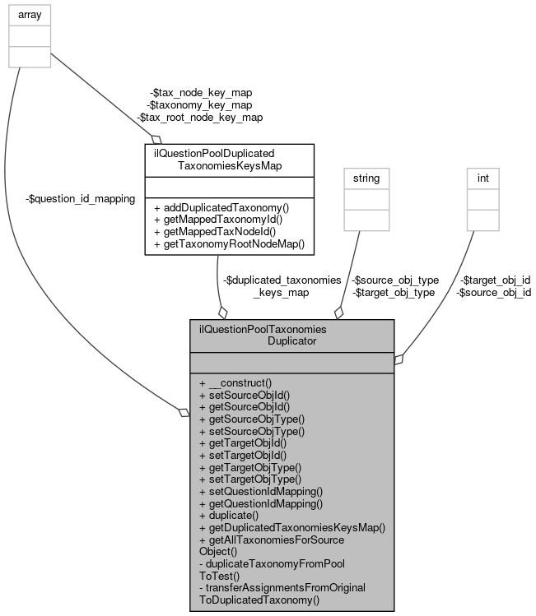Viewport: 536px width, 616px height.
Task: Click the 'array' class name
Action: click(29, 14)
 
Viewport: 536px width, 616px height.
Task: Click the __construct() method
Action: click(235, 382)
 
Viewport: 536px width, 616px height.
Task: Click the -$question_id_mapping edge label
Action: click(81, 199)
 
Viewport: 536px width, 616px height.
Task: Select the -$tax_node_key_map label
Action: click(200, 92)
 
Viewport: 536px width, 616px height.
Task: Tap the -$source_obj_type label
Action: click(395, 280)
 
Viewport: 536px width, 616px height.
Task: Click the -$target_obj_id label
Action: click(495, 280)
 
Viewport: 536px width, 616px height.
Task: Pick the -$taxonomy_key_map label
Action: click(199, 104)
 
